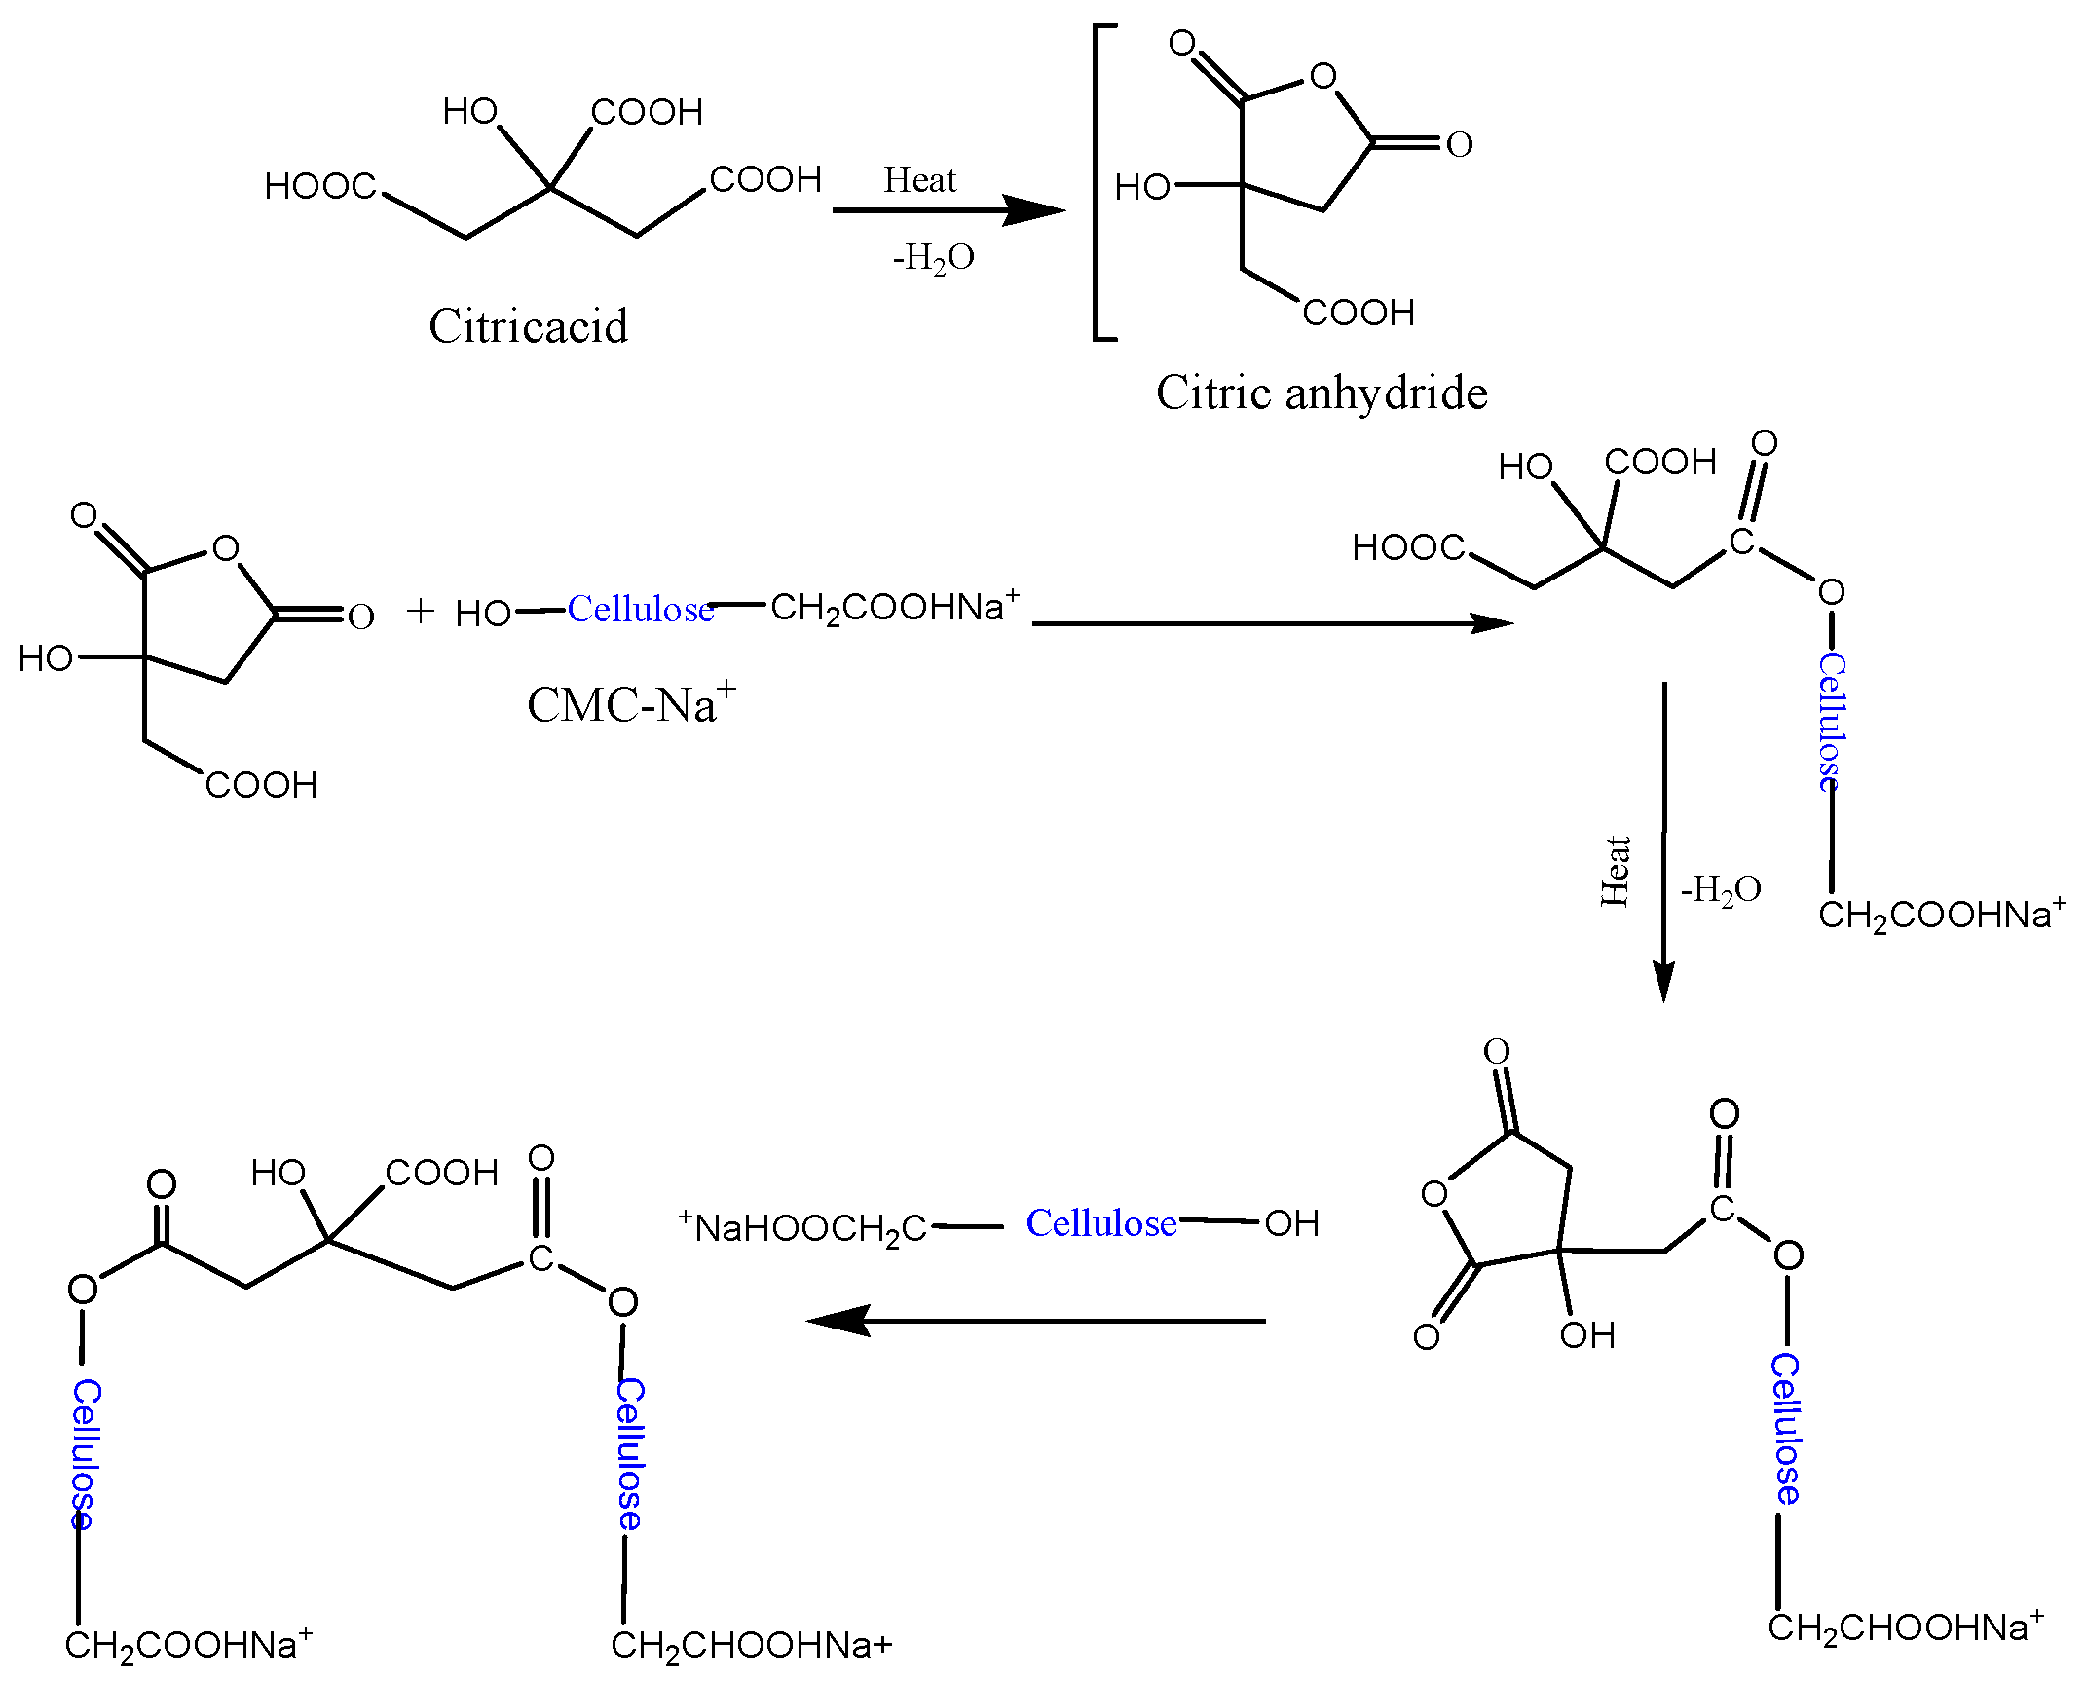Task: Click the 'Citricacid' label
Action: [x=528, y=325]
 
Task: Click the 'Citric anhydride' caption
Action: [x=1322, y=393]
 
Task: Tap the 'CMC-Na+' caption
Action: [x=631, y=703]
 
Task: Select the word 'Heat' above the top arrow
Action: [x=919, y=180]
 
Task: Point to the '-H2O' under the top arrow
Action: [x=933, y=258]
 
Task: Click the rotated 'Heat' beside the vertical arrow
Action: [x=1615, y=871]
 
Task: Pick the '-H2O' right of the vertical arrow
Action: [x=1721, y=889]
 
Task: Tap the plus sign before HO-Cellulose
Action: [x=420, y=611]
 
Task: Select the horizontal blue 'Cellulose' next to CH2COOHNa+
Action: [x=641, y=610]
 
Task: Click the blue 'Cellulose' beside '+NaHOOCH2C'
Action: [x=1101, y=1223]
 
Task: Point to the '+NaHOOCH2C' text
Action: [x=802, y=1226]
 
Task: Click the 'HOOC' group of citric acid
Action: [x=319, y=186]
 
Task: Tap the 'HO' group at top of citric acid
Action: [x=469, y=112]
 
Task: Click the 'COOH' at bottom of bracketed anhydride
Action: [x=1359, y=313]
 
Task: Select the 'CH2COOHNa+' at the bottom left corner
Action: [x=188, y=1644]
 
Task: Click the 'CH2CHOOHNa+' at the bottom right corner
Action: [x=1905, y=1627]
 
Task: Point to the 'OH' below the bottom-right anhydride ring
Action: [x=1586, y=1335]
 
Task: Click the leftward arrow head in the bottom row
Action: [x=838, y=1321]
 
